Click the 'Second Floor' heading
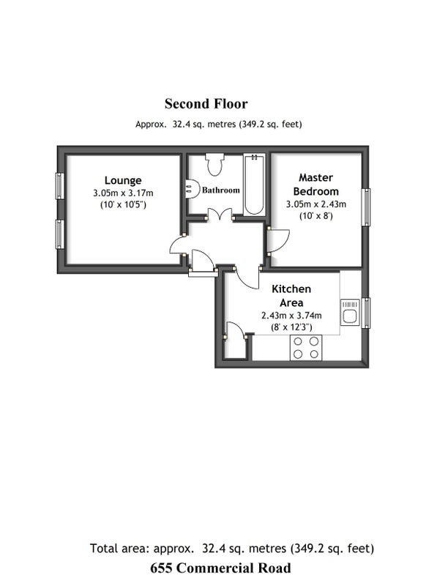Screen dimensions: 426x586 tap(206, 104)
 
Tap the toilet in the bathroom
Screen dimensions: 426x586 tap(214, 164)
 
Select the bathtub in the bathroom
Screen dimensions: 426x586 tap(255, 185)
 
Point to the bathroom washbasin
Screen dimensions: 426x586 tap(192, 188)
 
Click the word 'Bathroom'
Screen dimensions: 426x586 tap(220, 190)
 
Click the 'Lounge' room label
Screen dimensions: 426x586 tap(123, 180)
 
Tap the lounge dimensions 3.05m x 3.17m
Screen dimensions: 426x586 tap(123, 193)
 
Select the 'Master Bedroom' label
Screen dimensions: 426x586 tap(316, 185)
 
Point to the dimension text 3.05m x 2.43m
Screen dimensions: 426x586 tap(316, 204)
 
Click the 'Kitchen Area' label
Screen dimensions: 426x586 tap(291, 296)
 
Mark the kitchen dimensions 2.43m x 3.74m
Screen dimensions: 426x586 tap(291, 316)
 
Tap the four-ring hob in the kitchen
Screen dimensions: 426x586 tap(306, 347)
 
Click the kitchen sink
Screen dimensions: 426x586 tap(350, 313)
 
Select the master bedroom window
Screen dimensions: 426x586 tap(367, 207)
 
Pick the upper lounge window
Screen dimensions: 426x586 tap(59, 186)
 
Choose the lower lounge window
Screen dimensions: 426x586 tap(59, 234)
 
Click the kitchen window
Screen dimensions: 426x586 tap(366, 313)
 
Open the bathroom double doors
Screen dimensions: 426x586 tap(220, 215)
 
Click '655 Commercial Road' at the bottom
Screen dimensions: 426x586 tap(220, 568)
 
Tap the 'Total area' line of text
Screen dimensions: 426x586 tap(232, 548)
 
